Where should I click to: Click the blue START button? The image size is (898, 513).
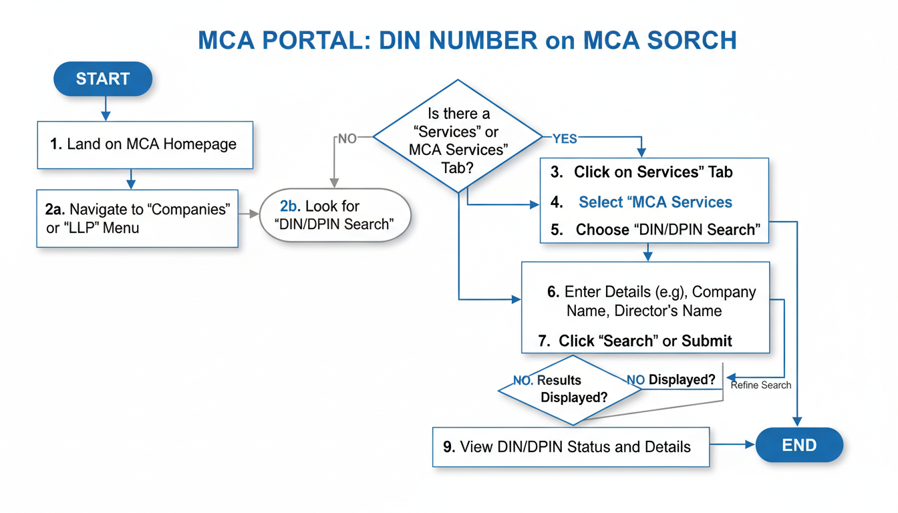point(102,79)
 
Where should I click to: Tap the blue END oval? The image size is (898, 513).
point(799,445)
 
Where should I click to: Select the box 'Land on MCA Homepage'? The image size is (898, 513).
point(144,144)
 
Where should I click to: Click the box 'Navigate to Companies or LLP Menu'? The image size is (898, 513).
point(137,218)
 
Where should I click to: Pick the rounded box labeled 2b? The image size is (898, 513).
point(335,216)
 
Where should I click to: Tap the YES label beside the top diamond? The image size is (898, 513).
point(565,139)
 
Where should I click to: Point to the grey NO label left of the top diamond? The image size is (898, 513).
point(347,139)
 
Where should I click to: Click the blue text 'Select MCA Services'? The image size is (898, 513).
point(655,202)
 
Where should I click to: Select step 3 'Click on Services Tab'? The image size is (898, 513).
point(653,172)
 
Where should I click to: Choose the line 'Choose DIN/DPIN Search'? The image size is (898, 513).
point(667,230)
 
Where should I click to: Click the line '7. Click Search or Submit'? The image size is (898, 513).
point(635,341)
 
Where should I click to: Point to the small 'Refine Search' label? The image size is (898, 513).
point(760,385)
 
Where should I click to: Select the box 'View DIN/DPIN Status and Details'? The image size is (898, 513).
point(571,447)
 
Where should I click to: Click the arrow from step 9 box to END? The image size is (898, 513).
point(732,444)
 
